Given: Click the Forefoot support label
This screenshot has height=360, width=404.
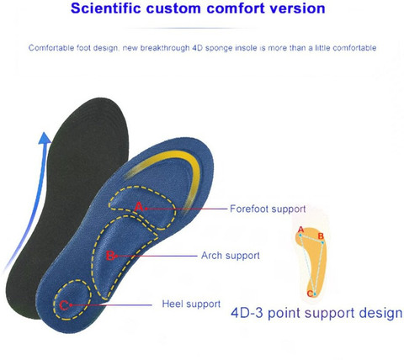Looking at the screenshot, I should click(x=268, y=209).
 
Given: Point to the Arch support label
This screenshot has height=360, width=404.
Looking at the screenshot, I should click(x=231, y=255).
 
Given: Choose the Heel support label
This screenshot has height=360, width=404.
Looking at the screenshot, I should click(x=191, y=304).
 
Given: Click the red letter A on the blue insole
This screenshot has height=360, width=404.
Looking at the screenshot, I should click(x=138, y=206).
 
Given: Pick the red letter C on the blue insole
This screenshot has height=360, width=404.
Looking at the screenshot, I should click(x=64, y=304).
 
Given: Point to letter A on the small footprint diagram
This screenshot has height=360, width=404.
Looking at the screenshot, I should click(x=300, y=230).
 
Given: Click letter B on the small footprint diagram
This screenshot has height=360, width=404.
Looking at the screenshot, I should click(x=321, y=237).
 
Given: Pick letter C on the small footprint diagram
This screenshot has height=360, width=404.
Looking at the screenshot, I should click(x=310, y=294).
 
